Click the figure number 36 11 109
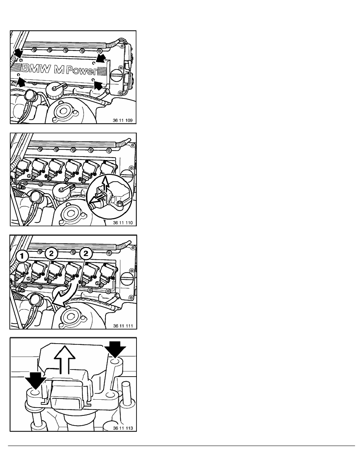click(123, 121)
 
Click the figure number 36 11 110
click(123, 222)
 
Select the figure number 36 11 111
click(123, 326)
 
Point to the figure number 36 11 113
click(123, 428)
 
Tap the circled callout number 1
click(22, 256)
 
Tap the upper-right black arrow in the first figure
click(101, 58)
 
